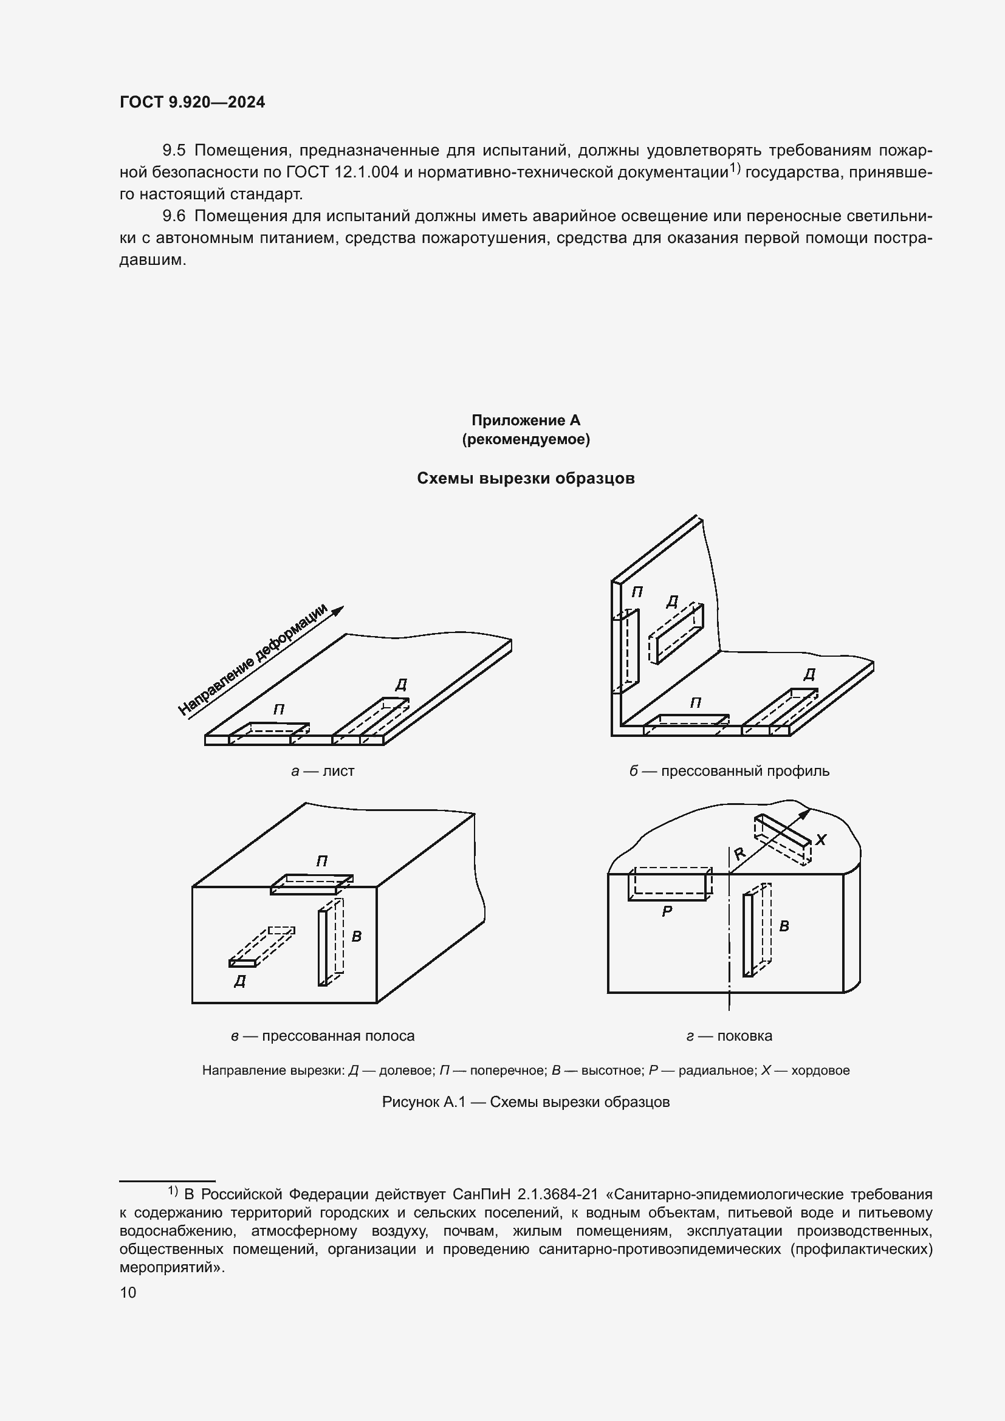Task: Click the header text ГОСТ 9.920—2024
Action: (x=192, y=102)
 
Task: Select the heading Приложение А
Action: (x=526, y=420)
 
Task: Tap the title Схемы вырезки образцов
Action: (x=526, y=478)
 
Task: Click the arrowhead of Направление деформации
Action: (x=338, y=611)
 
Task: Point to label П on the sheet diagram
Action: (x=279, y=710)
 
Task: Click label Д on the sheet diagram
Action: (x=401, y=685)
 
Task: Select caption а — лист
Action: (x=323, y=771)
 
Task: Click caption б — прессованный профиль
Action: (x=729, y=771)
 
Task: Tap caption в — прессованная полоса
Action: (x=323, y=1036)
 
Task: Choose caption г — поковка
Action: (x=729, y=1036)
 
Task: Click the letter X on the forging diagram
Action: (x=821, y=840)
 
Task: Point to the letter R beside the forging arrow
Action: (x=739, y=854)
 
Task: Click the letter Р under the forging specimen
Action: (x=667, y=912)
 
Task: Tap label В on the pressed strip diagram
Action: (x=357, y=937)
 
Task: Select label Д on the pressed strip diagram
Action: (x=240, y=981)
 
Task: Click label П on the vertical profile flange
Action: (x=637, y=592)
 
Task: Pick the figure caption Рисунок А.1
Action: (x=526, y=1101)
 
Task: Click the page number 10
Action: (x=128, y=1292)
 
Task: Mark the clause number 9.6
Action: (x=174, y=216)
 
